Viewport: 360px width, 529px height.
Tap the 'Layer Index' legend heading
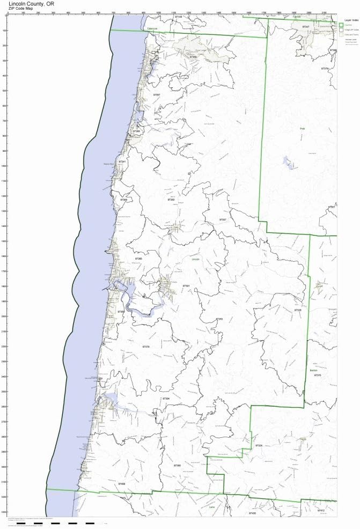pyautogui.click(x=347, y=19)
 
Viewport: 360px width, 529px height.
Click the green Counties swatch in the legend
pyautogui.click(x=341, y=25)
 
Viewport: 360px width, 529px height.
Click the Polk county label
pyautogui.click(x=302, y=129)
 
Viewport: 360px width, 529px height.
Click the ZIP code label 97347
pyautogui.click(x=306, y=26)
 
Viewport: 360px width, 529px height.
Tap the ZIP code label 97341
pyautogui.click(x=122, y=162)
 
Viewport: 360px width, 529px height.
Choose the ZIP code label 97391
pyautogui.click(x=186, y=286)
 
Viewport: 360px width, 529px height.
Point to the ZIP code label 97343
pyautogui.click(x=219, y=319)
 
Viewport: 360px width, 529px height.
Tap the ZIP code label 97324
pyautogui.click(x=259, y=446)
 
